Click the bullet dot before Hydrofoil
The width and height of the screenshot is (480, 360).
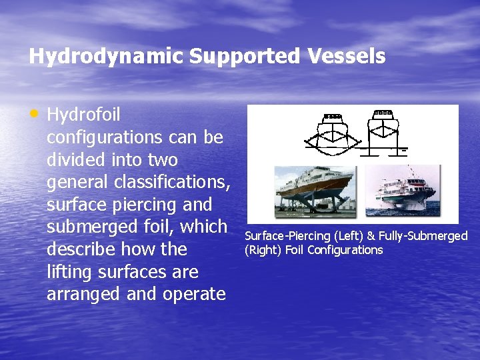pyautogui.click(x=35, y=114)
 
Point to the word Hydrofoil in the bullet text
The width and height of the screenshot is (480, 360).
pyautogui.click(x=83, y=115)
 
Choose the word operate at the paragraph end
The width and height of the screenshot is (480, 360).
pyautogui.click(x=197, y=294)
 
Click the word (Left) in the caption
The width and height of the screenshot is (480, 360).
pyautogui.click(x=347, y=236)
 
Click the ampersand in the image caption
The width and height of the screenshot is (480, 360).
pyautogui.click(x=371, y=236)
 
